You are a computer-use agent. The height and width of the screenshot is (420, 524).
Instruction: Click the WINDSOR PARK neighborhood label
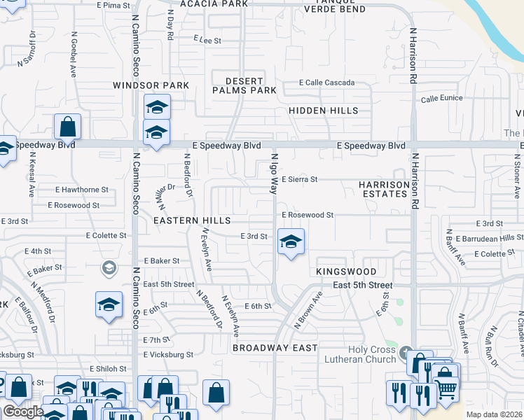click(151, 85)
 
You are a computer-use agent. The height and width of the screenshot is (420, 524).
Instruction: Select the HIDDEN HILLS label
click(323, 111)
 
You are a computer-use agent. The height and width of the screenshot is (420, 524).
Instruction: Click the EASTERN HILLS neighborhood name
click(192, 220)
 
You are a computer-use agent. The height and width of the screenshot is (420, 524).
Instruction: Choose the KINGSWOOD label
click(346, 272)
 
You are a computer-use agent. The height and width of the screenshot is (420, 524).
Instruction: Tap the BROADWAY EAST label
click(275, 348)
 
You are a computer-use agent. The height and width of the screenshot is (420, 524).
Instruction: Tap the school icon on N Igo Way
click(291, 242)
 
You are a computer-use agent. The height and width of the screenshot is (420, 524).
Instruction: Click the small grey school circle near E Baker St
click(109, 267)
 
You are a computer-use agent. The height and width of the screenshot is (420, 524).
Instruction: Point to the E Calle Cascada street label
click(326, 83)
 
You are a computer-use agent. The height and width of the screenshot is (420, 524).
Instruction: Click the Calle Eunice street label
click(441, 98)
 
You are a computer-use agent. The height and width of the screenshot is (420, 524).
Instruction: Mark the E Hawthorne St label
click(82, 190)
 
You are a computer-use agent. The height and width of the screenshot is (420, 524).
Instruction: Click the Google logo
click(23, 412)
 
